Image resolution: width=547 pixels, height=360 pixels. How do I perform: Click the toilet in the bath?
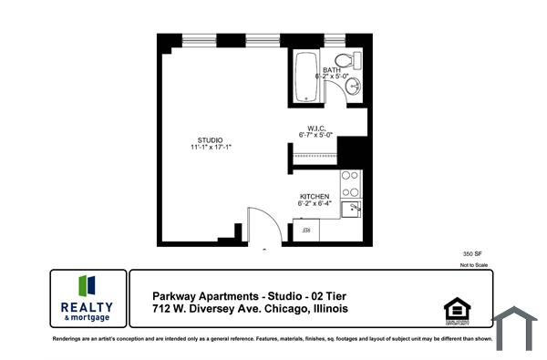point(356,60)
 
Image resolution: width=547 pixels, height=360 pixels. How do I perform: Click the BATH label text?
point(332,69)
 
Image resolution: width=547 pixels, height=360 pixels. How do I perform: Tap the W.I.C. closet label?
point(316,128)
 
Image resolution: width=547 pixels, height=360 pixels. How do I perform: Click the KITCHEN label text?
point(315,196)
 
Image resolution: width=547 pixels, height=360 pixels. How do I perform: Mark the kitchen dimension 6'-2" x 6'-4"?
point(315,204)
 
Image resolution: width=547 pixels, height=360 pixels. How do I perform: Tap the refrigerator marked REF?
point(307,231)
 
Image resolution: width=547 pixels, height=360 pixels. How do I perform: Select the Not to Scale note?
point(474,264)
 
